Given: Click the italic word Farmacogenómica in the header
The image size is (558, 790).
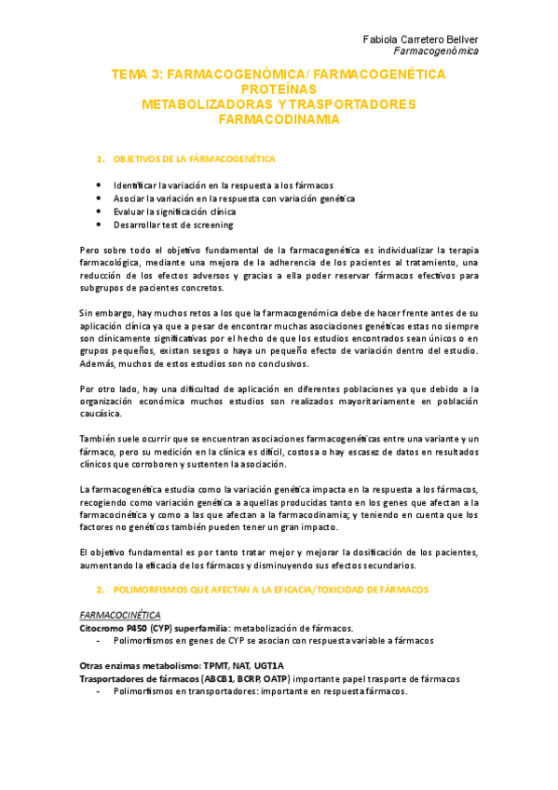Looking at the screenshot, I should tap(438, 51).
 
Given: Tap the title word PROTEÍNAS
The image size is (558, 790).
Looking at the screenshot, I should tap(279, 89).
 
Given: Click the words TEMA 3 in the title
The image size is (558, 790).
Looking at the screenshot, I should tap(134, 73).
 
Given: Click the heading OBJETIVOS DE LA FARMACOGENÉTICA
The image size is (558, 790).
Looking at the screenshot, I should tap(193, 159).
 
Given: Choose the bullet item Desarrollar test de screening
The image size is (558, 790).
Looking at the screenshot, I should tap(172, 225).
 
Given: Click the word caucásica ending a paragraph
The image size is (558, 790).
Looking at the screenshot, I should tap(107, 412).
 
